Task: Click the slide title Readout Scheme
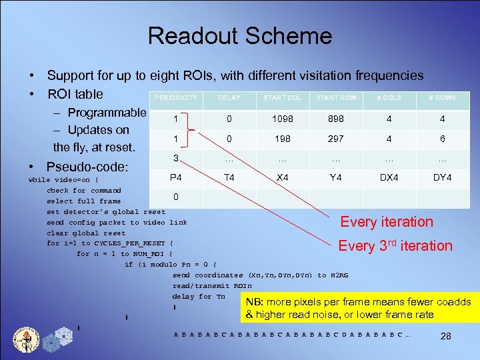239,36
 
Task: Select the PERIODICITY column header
176,98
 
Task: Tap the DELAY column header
229,98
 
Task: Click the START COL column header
282,98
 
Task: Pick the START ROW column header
336,98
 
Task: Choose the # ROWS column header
443,98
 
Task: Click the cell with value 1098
282,119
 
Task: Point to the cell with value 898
336,119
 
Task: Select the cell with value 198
282,139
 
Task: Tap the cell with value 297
336,139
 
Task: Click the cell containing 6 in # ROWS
443,139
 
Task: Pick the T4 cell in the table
229,177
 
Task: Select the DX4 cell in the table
389,177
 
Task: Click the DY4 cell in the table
443,177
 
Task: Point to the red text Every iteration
387,222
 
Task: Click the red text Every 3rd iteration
395,245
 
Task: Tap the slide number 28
446,336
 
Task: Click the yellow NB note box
359,308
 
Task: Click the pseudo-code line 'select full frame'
83,201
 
